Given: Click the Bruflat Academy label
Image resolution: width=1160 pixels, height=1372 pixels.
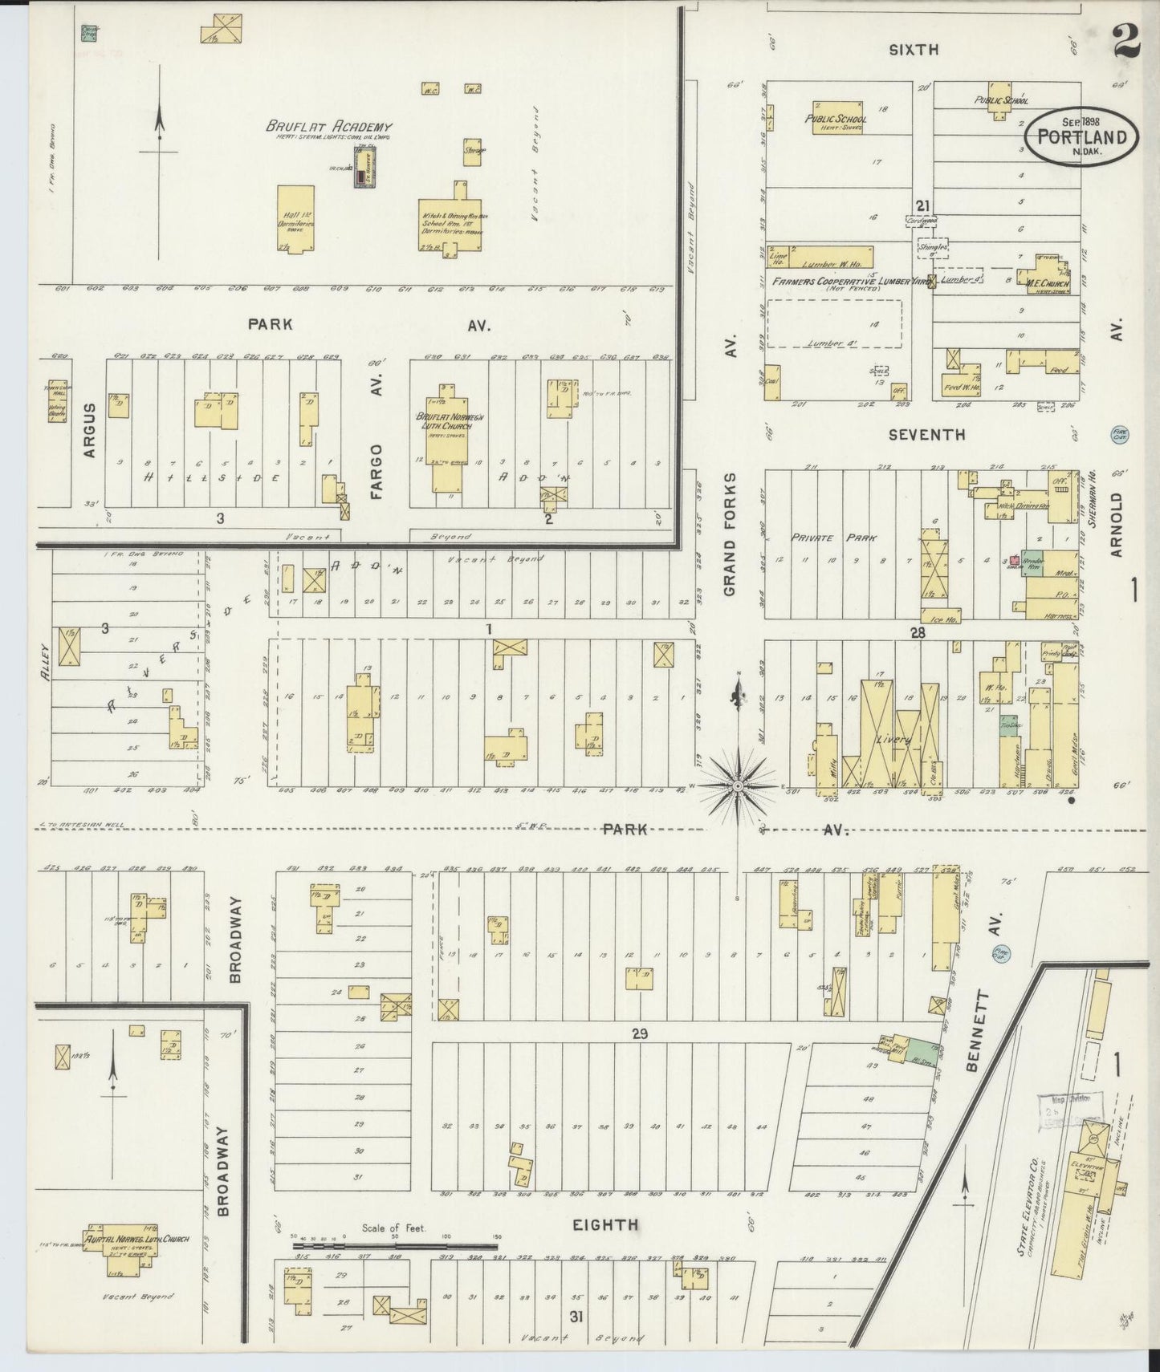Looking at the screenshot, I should [x=329, y=127].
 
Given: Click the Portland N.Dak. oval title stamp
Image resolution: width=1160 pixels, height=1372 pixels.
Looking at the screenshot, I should [x=1081, y=136].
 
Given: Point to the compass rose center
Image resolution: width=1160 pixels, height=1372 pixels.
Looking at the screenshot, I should [x=738, y=786].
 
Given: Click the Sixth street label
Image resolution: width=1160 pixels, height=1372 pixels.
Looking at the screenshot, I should [x=914, y=50].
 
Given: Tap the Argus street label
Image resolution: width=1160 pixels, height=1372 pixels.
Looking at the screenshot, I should [x=89, y=430].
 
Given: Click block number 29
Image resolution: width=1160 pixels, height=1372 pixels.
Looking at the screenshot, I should [x=638, y=1033].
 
